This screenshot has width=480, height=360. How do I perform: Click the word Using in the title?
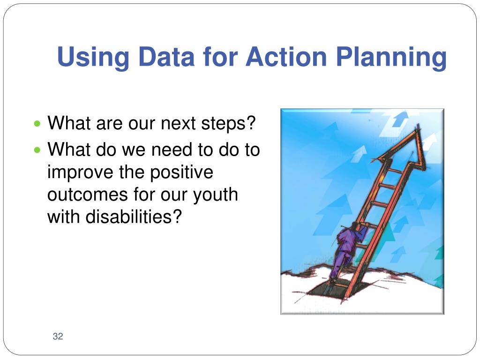(x=93, y=58)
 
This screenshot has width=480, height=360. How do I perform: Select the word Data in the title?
(x=166, y=56)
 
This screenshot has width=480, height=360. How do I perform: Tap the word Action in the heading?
(x=286, y=56)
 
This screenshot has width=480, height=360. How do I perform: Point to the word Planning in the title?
(x=391, y=58)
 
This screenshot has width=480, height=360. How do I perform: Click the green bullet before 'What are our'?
(x=37, y=124)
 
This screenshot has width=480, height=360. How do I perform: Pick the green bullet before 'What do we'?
(x=37, y=150)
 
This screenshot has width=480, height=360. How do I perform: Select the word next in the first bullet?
(x=178, y=123)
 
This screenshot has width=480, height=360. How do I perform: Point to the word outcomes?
(x=87, y=195)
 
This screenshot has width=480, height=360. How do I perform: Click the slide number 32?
(x=58, y=336)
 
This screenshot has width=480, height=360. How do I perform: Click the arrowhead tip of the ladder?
(x=418, y=125)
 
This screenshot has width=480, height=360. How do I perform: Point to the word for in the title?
(x=220, y=56)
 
